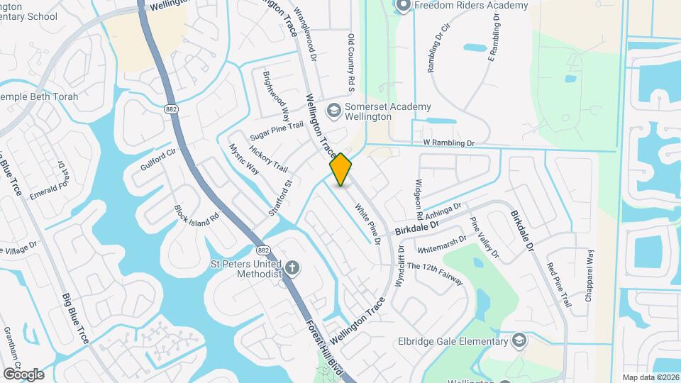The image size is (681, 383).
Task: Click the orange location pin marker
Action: tap(340, 170)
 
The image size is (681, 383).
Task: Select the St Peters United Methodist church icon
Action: tap(292, 268)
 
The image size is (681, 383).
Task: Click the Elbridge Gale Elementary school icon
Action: tap(520, 341)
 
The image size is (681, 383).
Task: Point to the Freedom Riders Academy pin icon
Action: tap(403, 6)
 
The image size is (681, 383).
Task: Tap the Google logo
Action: tap(23, 374)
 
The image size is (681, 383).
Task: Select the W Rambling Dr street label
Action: tap(449, 143)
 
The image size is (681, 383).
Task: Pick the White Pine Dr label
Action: tap(368, 225)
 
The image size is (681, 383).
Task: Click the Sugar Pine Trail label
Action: tap(277, 131)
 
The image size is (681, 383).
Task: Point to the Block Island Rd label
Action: tap(196, 213)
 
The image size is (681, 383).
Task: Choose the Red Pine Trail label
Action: tap(559, 284)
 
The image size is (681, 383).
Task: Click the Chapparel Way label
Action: tap(589, 276)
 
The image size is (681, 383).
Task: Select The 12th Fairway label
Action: tap(435, 274)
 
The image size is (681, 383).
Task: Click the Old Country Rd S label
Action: tap(350, 62)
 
